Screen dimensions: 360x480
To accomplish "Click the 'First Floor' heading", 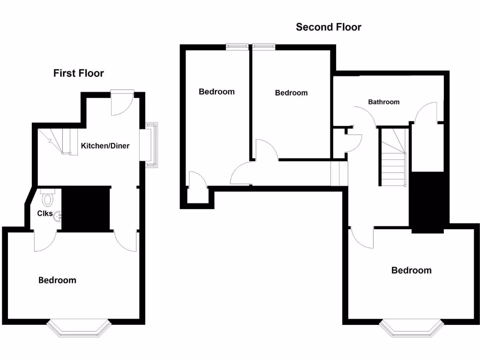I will [x=78, y=73].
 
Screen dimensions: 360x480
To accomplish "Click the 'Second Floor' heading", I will [x=329, y=27].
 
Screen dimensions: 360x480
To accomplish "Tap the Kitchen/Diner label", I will [x=105, y=146].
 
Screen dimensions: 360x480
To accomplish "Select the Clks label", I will [x=45, y=213].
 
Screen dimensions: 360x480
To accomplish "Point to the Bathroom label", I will [x=383, y=102].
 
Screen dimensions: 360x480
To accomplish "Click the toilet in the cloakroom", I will [x=47, y=199].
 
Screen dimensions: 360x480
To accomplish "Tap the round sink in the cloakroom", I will [x=57, y=217].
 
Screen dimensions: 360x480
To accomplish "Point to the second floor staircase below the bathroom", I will [x=393, y=159].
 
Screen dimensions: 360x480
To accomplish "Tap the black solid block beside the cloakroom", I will [x=85, y=209].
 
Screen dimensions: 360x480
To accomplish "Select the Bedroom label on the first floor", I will [x=57, y=280].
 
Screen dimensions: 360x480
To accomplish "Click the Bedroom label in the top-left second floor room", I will [x=217, y=91].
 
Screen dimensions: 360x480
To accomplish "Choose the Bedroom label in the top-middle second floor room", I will [x=291, y=93].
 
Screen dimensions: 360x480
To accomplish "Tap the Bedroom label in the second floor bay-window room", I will [x=412, y=270].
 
